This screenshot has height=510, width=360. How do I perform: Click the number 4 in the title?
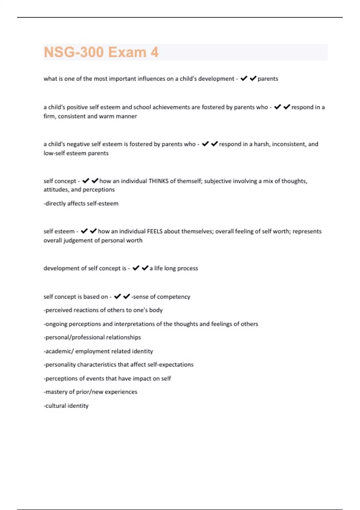tap(154, 52)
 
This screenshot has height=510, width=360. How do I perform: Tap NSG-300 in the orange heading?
tap(74, 52)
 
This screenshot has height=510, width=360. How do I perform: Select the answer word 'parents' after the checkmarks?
tap(268, 79)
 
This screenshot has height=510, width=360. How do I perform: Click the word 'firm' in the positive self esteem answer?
tap(49, 116)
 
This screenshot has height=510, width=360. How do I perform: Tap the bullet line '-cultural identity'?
tap(66, 406)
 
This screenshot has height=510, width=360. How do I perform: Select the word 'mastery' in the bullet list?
tap(55, 392)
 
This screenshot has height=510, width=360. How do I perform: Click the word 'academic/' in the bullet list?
tap(58, 351)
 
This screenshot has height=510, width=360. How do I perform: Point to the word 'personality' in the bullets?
tap(60, 364)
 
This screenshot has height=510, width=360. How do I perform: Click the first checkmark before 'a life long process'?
tap(136, 268)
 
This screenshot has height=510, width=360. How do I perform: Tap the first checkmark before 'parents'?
tap(244, 78)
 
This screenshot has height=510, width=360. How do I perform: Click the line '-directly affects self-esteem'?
tap(81, 203)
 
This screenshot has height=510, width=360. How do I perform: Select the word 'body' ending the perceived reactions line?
tap(156, 310)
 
